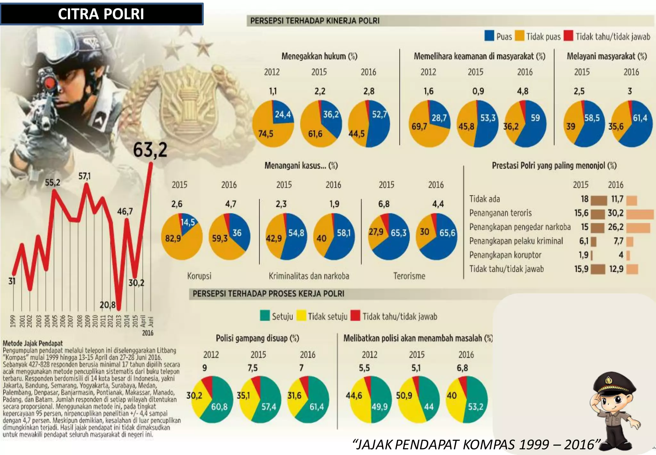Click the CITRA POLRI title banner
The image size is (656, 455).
(x=102, y=14)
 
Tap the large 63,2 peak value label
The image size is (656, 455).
(x=150, y=150)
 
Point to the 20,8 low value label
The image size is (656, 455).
(x=107, y=305)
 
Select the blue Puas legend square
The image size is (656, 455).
(x=489, y=36)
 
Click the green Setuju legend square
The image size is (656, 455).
(x=265, y=316)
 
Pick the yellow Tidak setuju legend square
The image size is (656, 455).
(x=301, y=316)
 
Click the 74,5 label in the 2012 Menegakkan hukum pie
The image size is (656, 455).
(x=266, y=134)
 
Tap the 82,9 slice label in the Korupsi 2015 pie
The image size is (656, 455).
(x=173, y=238)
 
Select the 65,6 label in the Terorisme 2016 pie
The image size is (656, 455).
(x=447, y=233)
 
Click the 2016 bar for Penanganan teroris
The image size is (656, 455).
(x=640, y=214)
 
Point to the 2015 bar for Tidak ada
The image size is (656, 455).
(x=599, y=201)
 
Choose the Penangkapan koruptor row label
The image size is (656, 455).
(x=505, y=255)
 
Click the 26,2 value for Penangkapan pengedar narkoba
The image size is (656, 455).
(x=616, y=227)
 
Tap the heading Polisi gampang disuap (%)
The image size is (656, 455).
(x=257, y=338)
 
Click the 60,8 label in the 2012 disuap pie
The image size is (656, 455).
(x=219, y=407)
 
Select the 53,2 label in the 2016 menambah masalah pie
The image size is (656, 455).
(x=476, y=407)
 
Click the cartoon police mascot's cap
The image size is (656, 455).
(x=614, y=383)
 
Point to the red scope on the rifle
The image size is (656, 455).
(x=50, y=83)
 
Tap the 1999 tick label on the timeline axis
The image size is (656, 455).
(x=13, y=321)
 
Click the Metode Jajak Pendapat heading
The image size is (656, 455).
(x=33, y=343)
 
